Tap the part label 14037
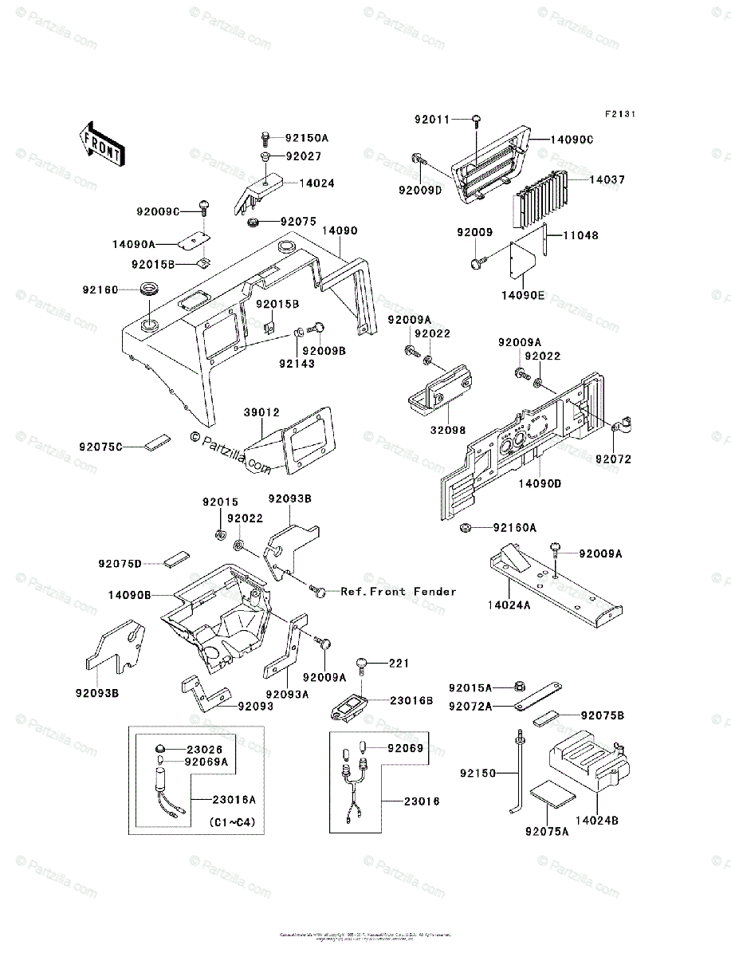[x=606, y=180]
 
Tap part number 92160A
[x=514, y=527]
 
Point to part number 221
[x=398, y=664]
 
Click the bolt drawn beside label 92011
[x=477, y=120]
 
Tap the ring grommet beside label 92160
[x=150, y=289]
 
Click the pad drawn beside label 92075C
[x=156, y=442]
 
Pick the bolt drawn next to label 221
[x=364, y=662]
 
